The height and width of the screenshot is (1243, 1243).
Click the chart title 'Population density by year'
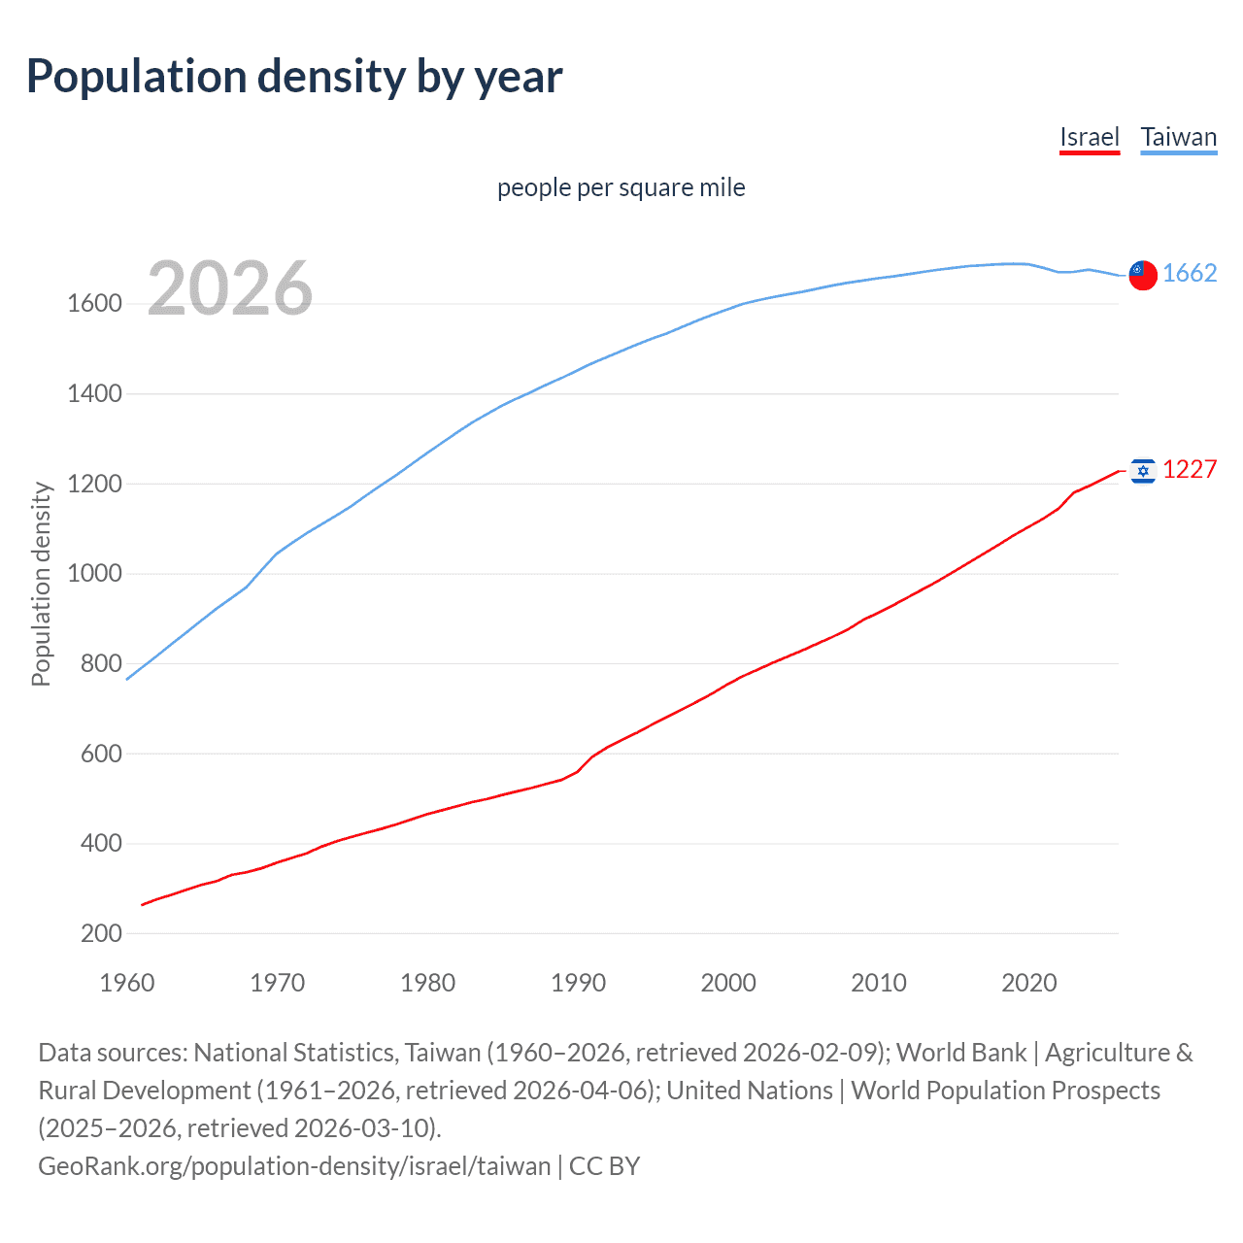(x=294, y=77)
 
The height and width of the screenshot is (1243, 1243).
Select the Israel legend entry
(x=1089, y=137)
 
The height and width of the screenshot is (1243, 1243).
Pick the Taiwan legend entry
(x=1178, y=137)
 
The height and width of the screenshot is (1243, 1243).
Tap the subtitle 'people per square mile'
(x=621, y=187)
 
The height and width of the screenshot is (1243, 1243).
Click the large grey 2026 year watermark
(x=230, y=288)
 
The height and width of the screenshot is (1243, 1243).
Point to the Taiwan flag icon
(x=1143, y=275)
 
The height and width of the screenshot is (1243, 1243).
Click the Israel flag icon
(x=1143, y=471)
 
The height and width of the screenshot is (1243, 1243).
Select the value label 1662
(x=1189, y=273)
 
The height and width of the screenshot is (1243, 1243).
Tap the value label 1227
(x=1189, y=469)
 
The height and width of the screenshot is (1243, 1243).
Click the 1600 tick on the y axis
(x=94, y=304)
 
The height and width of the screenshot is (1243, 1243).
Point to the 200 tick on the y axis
(x=102, y=933)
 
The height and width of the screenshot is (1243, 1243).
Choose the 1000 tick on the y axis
(x=94, y=574)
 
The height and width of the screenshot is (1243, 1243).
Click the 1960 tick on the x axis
(x=127, y=983)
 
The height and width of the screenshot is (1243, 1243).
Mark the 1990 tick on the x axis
(x=578, y=983)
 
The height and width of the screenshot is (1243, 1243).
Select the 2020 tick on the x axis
(x=1028, y=983)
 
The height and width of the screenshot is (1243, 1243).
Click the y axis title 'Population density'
(x=41, y=585)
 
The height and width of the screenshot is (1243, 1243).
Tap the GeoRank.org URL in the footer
(x=293, y=1165)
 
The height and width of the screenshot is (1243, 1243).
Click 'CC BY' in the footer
(x=604, y=1165)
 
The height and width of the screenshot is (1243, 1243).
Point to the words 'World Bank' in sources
(x=960, y=1053)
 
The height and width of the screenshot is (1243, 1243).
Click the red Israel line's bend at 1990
(x=578, y=771)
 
